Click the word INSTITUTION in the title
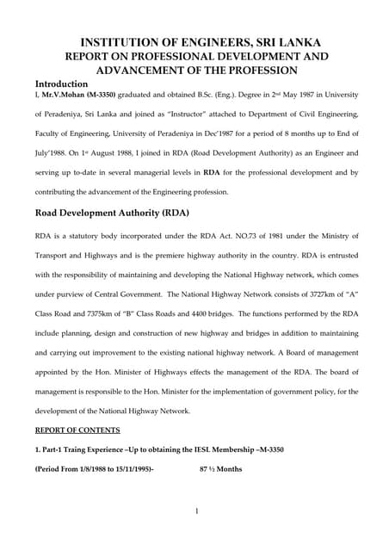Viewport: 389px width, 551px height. (121, 42)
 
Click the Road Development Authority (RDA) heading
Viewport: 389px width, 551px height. (111, 212)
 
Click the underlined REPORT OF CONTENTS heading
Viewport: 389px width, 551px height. (77, 430)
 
